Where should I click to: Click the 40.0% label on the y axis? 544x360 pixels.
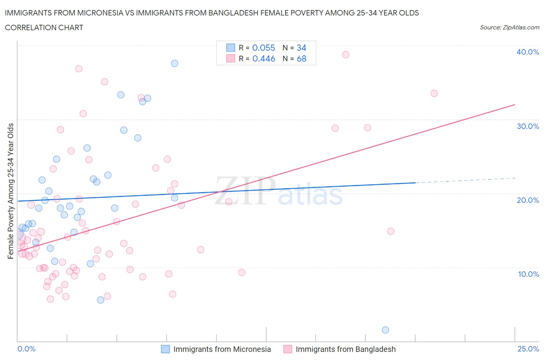click(528, 52)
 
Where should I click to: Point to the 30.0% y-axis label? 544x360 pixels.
click(528, 126)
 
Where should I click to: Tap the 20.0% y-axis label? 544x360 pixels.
click(528, 200)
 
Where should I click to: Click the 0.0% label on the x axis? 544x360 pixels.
click(26, 349)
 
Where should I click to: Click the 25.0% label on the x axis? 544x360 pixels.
click(528, 349)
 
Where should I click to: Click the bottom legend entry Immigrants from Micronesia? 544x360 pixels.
click(222, 349)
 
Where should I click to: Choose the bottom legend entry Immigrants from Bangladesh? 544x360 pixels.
click(345, 349)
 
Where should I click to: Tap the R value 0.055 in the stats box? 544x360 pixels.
click(263, 48)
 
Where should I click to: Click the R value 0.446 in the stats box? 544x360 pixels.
click(263, 58)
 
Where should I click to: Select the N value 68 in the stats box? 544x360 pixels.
click(301, 58)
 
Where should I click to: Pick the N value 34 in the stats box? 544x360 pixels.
click(301, 48)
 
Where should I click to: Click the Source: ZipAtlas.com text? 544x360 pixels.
click(509, 27)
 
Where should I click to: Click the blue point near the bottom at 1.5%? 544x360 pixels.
click(385, 330)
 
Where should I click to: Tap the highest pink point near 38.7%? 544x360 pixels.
click(346, 55)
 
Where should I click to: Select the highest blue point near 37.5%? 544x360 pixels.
click(174, 63)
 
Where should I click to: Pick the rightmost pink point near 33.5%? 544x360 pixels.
click(434, 93)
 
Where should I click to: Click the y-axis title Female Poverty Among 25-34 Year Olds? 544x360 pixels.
click(10, 191)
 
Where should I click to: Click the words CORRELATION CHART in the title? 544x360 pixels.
click(44, 27)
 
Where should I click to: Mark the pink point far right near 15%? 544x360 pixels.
click(391, 231)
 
